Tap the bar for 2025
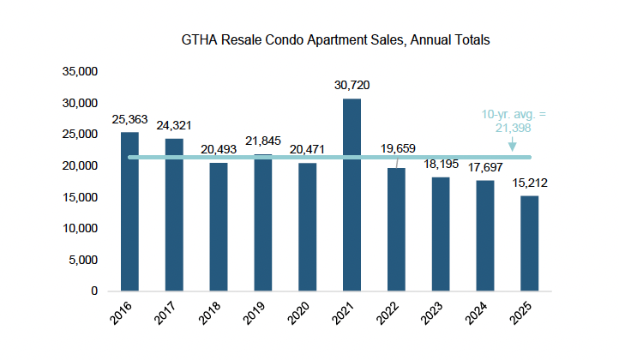530,243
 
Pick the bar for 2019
262,223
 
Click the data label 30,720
352,86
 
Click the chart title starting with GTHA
335,40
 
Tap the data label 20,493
219,148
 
